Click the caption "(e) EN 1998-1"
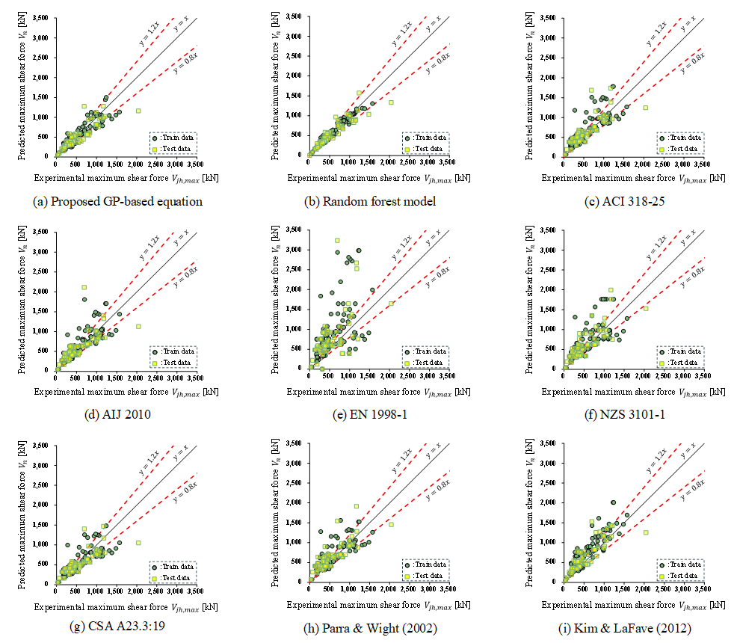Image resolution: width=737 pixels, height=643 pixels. [x=371, y=414]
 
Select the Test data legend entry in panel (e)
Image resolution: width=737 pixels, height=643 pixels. [x=422, y=363]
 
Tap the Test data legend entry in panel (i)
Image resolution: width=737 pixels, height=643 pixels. [x=676, y=576]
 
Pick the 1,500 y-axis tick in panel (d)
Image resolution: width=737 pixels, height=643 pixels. [x=40, y=311]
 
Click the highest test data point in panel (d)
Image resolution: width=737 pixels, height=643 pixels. [x=84, y=287]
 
